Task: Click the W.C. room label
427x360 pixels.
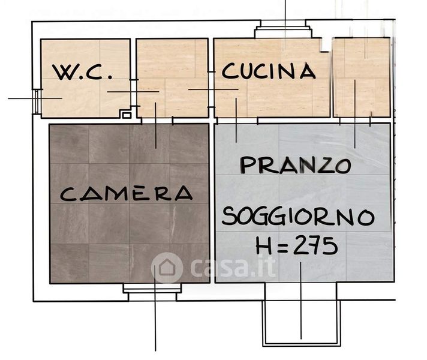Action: point(82,72)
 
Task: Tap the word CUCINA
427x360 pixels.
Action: point(269,71)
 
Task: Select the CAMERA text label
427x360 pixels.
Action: point(126,193)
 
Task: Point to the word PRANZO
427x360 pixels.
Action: point(296,165)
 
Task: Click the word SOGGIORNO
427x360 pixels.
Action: point(298,217)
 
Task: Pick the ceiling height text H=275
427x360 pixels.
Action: point(296,246)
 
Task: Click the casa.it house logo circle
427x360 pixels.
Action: point(167,268)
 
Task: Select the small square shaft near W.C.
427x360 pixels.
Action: point(127,115)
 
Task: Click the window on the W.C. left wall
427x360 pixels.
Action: point(37,101)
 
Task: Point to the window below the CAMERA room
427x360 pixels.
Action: point(152,292)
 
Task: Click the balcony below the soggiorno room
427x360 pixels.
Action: point(301,314)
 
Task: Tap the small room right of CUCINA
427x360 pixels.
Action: point(362,77)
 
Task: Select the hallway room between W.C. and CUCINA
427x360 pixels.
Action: point(172,78)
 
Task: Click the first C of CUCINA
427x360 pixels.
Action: point(229,71)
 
